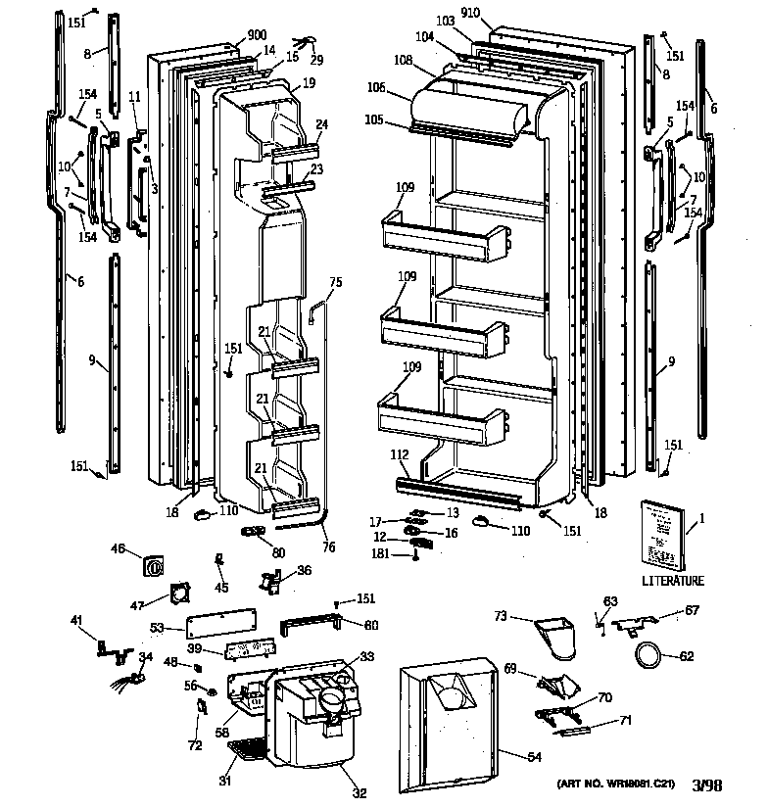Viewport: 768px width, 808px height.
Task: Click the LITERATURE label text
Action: pyautogui.click(x=673, y=581)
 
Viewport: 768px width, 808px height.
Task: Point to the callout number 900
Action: pyautogui.click(x=257, y=34)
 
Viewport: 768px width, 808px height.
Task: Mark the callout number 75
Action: pyautogui.click(x=335, y=282)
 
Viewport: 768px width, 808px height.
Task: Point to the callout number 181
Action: pyautogui.click(x=392, y=554)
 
